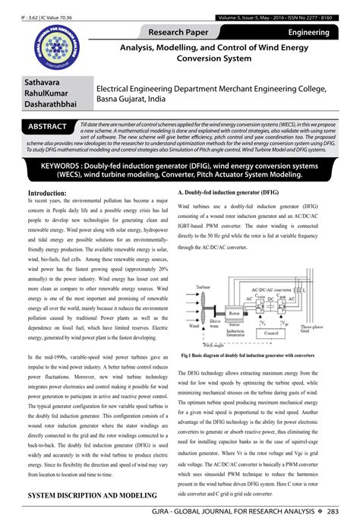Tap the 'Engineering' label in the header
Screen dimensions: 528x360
coord(308,33)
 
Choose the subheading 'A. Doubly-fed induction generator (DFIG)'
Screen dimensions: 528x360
coord(227,194)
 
